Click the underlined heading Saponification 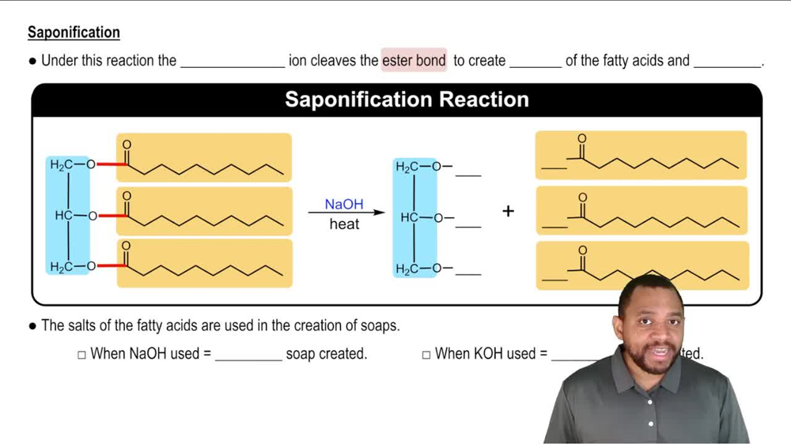click(74, 32)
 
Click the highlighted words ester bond click(414, 60)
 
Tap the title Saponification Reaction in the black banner click(407, 100)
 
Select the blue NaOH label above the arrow click(344, 204)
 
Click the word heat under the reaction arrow click(344, 224)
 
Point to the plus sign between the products click(508, 211)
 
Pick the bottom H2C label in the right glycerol click(409, 269)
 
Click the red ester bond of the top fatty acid click(112, 165)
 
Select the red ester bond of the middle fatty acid click(112, 216)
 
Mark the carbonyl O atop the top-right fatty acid click(582, 138)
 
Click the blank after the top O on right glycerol click(468, 174)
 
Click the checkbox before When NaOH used click(81, 355)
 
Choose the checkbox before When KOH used click(426, 355)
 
